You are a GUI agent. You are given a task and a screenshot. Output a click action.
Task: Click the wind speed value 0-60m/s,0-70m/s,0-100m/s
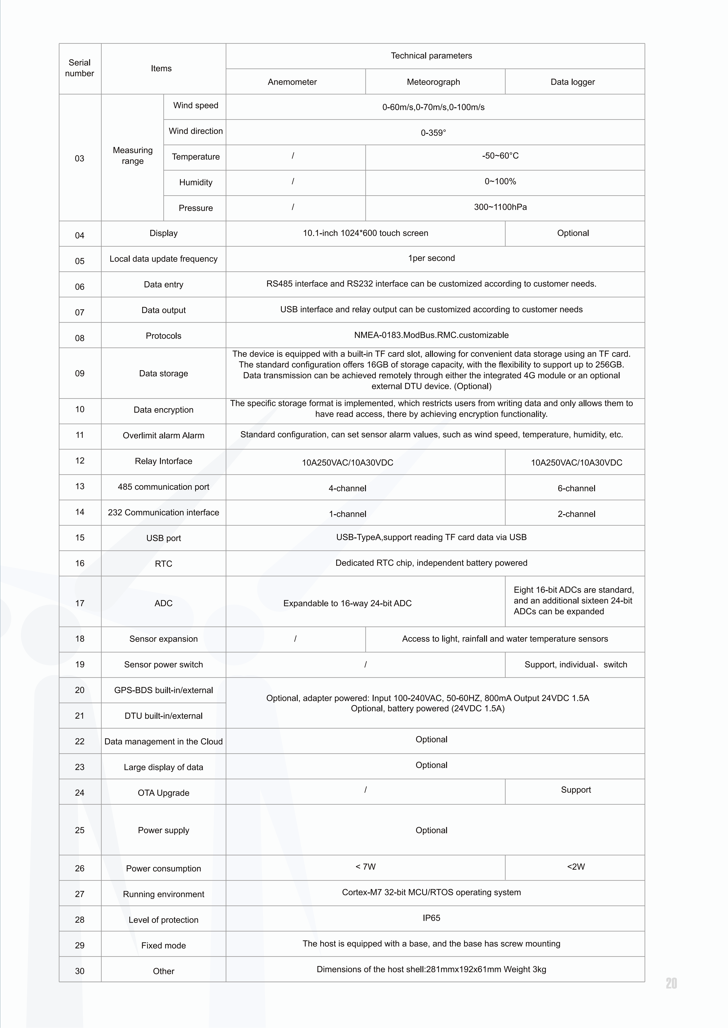[433, 107]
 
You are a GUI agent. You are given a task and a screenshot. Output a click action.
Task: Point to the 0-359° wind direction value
[433, 133]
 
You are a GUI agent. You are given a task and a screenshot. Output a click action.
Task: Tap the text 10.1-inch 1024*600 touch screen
[365, 233]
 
